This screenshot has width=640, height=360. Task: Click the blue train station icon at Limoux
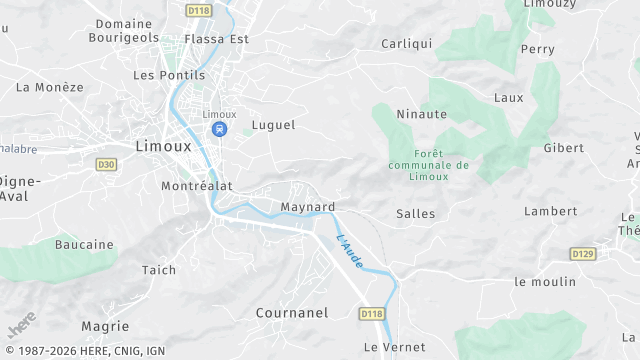pyautogui.click(x=219, y=129)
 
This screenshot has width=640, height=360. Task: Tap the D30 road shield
pyautogui.click(x=106, y=163)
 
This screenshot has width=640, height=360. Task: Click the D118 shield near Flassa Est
pyautogui.click(x=198, y=9)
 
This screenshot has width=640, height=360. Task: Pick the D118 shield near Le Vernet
pyautogui.click(x=372, y=314)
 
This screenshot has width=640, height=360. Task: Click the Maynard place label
pyautogui.click(x=308, y=207)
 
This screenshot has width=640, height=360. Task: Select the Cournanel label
pyautogui.click(x=292, y=312)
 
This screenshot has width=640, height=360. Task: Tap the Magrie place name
pyautogui.click(x=105, y=326)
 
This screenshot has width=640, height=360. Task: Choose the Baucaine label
pyautogui.click(x=84, y=244)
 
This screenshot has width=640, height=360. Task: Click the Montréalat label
pyautogui.click(x=196, y=186)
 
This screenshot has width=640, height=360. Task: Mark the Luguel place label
pyautogui.click(x=274, y=125)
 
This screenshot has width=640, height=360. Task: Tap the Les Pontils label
pyautogui.click(x=169, y=75)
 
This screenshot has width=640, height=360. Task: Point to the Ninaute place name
pyautogui.click(x=421, y=114)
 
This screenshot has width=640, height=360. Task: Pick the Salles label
pyautogui.click(x=416, y=213)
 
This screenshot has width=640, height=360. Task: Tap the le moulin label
pyautogui.click(x=545, y=282)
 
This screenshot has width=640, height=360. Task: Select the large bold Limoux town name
pyautogui.click(x=163, y=146)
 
